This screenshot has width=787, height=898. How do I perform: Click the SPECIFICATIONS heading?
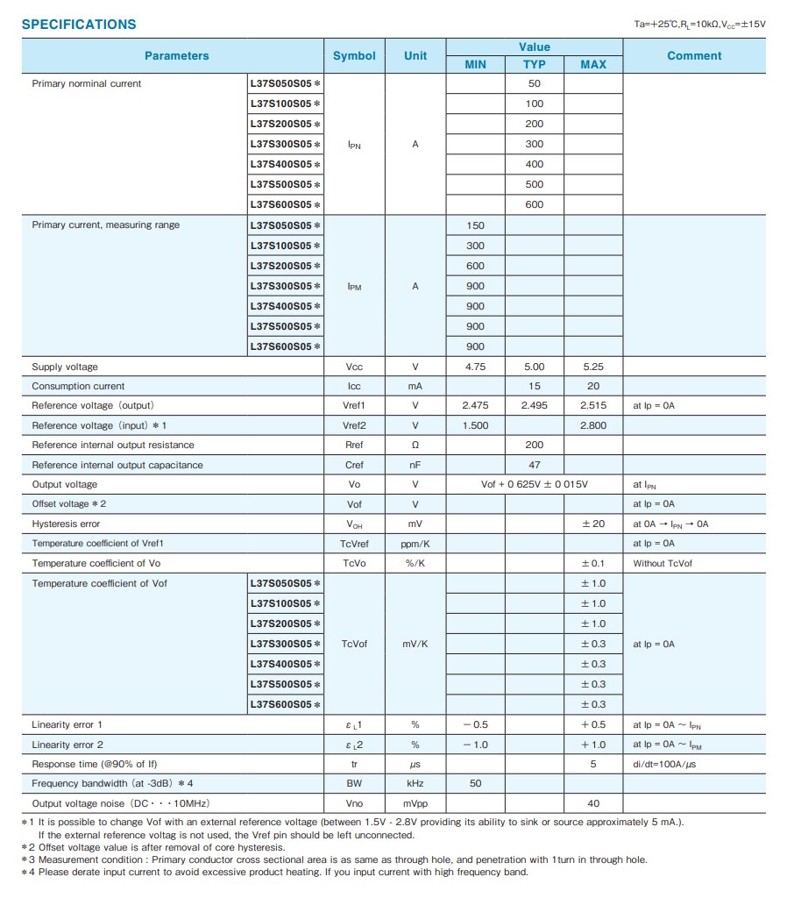pyautogui.click(x=79, y=25)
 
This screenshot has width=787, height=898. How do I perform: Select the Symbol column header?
pyautogui.click(x=354, y=55)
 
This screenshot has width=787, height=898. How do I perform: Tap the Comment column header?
pyautogui.click(x=694, y=55)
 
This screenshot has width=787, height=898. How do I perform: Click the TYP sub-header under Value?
pyautogui.click(x=534, y=64)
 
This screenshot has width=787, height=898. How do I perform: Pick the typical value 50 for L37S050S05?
pyautogui.click(x=534, y=84)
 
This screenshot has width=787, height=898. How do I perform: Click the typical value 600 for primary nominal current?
pyautogui.click(x=534, y=204)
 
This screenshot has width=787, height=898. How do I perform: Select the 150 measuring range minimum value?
pyautogui.click(x=475, y=225)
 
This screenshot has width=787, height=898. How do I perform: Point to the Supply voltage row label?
pyautogui.click(x=65, y=367)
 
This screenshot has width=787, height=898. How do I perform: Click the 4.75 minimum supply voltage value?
pyautogui.click(x=475, y=367)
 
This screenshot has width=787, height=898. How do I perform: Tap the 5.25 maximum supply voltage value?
pyautogui.click(x=593, y=367)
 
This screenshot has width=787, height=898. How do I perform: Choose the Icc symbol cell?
pyautogui.click(x=354, y=386)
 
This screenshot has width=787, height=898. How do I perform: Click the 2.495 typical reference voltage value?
pyautogui.click(x=534, y=405)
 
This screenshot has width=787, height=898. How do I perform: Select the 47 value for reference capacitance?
pyautogui.click(x=534, y=465)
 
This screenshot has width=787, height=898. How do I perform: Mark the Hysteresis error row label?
pyautogui.click(x=66, y=524)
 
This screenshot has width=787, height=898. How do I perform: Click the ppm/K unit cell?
pyautogui.click(x=415, y=544)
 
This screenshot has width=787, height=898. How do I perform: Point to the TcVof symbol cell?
pyautogui.click(x=354, y=644)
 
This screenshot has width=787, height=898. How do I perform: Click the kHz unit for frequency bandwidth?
pyautogui.click(x=415, y=784)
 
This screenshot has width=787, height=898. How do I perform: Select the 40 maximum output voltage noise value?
pyautogui.click(x=593, y=803)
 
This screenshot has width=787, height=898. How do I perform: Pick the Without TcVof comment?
pyautogui.click(x=663, y=563)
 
